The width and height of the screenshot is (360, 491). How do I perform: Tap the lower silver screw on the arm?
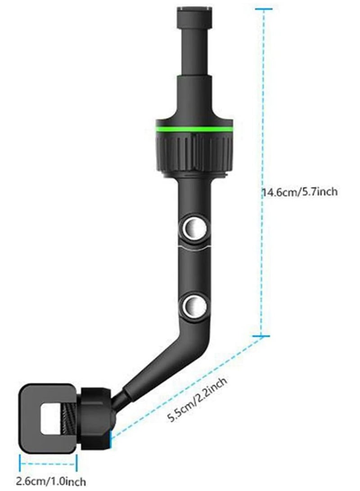pos(195,306)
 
